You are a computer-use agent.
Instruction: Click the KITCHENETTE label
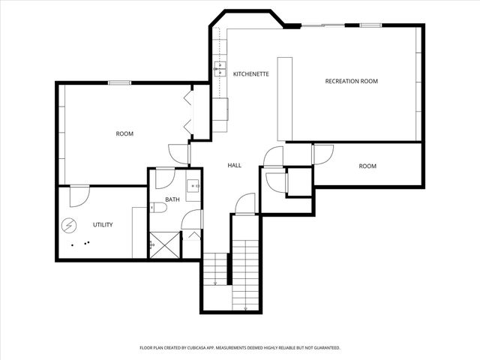click(x=250, y=74)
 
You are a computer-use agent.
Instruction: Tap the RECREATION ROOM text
click(x=350, y=81)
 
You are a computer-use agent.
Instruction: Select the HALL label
click(x=234, y=165)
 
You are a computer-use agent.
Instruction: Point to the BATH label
click(x=172, y=199)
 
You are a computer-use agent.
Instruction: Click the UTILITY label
click(x=103, y=224)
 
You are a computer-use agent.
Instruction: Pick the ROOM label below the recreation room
click(x=367, y=166)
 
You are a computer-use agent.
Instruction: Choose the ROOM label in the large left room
click(x=124, y=133)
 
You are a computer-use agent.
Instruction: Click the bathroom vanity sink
click(x=193, y=186)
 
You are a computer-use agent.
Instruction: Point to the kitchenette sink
click(x=220, y=70)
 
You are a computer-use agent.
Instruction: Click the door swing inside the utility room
click(x=78, y=195)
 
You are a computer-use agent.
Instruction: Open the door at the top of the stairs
click(x=245, y=204)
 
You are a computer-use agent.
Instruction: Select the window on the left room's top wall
click(x=120, y=82)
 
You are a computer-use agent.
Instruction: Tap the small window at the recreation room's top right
click(x=370, y=25)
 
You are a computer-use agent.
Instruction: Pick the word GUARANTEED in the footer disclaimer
click(x=324, y=348)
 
